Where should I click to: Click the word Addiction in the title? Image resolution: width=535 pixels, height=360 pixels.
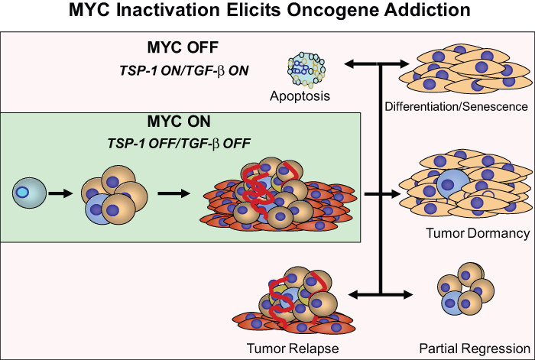[x=427, y=10]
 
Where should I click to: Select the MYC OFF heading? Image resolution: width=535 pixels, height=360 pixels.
[x=183, y=47]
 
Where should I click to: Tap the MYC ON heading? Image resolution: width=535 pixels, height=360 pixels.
[x=179, y=122]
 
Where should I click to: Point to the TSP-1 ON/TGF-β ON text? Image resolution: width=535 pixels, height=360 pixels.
[x=184, y=70]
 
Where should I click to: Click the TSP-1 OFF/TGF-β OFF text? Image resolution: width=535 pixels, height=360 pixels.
[x=179, y=144]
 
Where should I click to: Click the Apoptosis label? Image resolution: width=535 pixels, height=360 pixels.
[x=300, y=96]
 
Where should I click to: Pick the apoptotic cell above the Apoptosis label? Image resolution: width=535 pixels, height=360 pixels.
[x=306, y=68]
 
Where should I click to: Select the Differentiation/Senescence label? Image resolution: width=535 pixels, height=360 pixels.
[x=456, y=106]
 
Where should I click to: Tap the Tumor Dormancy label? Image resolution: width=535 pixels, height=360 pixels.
[x=478, y=233]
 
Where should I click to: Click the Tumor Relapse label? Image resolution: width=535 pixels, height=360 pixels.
[x=293, y=349]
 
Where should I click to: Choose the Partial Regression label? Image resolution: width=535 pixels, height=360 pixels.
[x=475, y=349]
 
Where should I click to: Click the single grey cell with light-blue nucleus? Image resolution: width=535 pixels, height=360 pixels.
[x=29, y=193]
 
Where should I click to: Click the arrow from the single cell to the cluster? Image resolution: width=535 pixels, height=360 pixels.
[x=60, y=193]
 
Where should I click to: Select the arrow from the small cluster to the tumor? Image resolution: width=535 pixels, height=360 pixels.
[x=173, y=193]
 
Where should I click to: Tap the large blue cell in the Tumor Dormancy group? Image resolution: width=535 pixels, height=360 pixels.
[x=453, y=185]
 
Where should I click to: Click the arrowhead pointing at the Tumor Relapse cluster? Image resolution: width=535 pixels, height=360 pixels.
[x=353, y=294]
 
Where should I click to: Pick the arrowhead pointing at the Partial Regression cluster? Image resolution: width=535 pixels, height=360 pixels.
[x=407, y=294]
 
